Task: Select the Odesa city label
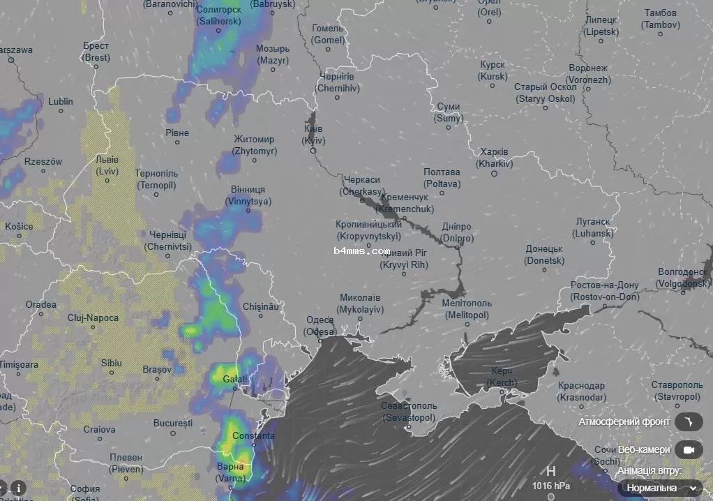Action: [x=320, y=326]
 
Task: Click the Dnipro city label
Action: [x=457, y=232]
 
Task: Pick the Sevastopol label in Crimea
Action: [x=409, y=412]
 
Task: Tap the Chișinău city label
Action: [x=261, y=306]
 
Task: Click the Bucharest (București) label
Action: [x=172, y=423]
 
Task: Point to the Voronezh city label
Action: [x=589, y=74]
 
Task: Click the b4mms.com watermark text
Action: [x=361, y=250]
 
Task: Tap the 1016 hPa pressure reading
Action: [x=551, y=486]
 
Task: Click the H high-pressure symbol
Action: [x=551, y=471]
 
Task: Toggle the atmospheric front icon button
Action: [x=689, y=421]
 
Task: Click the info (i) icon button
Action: [x=18, y=488]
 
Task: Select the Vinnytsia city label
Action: [x=248, y=195]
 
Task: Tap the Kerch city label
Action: [x=502, y=377]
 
